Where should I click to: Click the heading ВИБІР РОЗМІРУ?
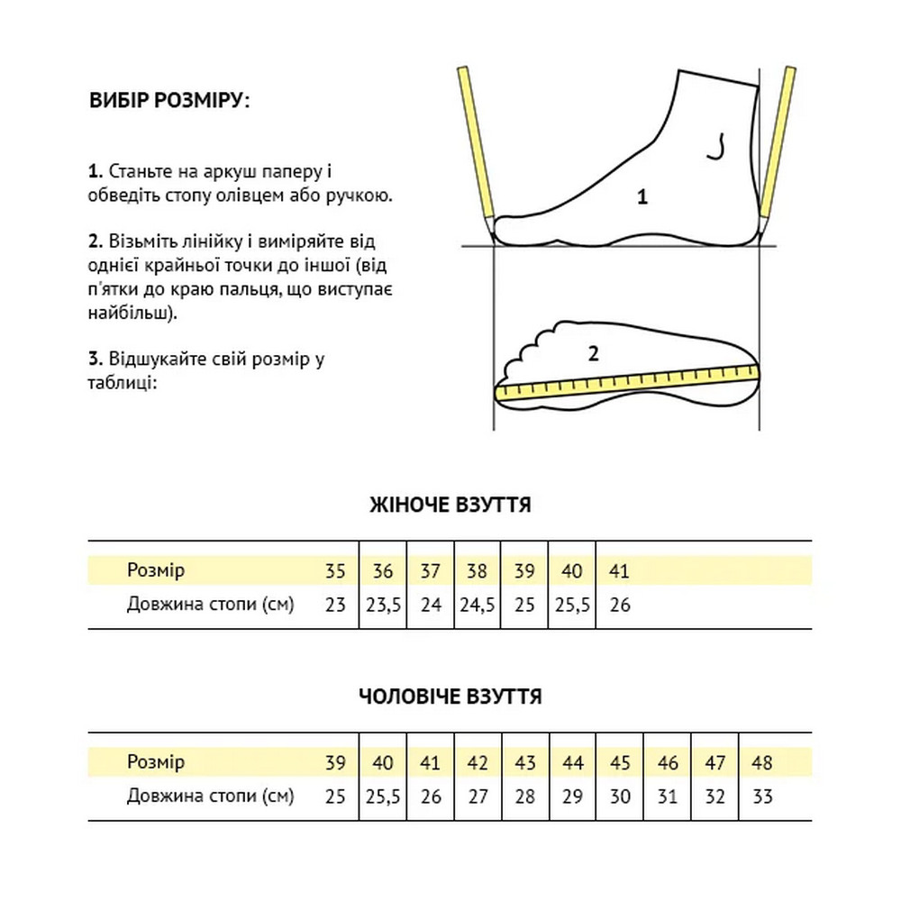(168, 100)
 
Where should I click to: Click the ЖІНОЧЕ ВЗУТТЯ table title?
(450, 505)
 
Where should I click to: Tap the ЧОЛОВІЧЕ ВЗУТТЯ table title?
(450, 696)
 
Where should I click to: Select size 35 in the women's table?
(335, 571)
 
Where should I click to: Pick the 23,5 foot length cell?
(383, 605)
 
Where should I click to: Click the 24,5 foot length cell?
(478, 605)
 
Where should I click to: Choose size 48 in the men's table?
(762, 763)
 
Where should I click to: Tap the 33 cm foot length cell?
(762, 796)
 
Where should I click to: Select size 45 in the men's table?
(620, 763)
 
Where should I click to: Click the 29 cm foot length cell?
(573, 796)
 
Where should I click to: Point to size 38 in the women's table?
(478, 571)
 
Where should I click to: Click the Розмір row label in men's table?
(156, 763)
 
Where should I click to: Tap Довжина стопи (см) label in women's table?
(211, 605)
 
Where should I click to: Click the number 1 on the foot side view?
(642, 197)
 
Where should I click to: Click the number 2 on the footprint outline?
(593, 353)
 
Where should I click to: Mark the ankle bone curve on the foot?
(718, 148)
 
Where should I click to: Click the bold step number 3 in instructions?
(94, 359)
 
